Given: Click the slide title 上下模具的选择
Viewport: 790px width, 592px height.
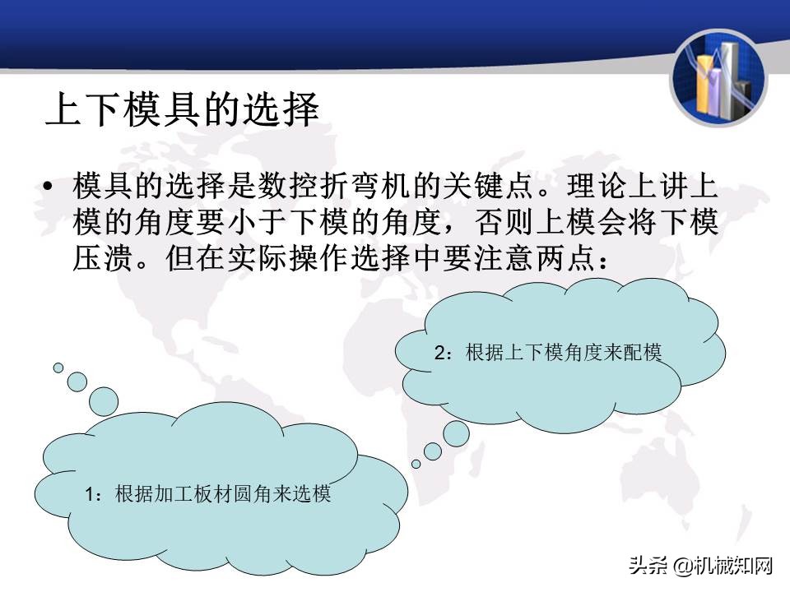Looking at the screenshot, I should pyautogui.click(x=182, y=109).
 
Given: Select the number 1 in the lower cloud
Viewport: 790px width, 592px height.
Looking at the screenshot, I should pyautogui.click(x=90, y=495).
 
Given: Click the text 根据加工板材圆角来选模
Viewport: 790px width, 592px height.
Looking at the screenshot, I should pyautogui.click(x=223, y=495).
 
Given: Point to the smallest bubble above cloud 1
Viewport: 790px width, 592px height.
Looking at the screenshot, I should pyautogui.click(x=58, y=368).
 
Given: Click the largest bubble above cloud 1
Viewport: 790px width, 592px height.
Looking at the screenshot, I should pyautogui.click(x=104, y=401).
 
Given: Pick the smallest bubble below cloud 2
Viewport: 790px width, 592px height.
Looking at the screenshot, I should pyautogui.click(x=416, y=464).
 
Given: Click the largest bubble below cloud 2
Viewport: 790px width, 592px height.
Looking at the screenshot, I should pyautogui.click(x=456, y=433).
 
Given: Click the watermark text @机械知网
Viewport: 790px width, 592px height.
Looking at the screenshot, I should pyautogui.click(x=724, y=565).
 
